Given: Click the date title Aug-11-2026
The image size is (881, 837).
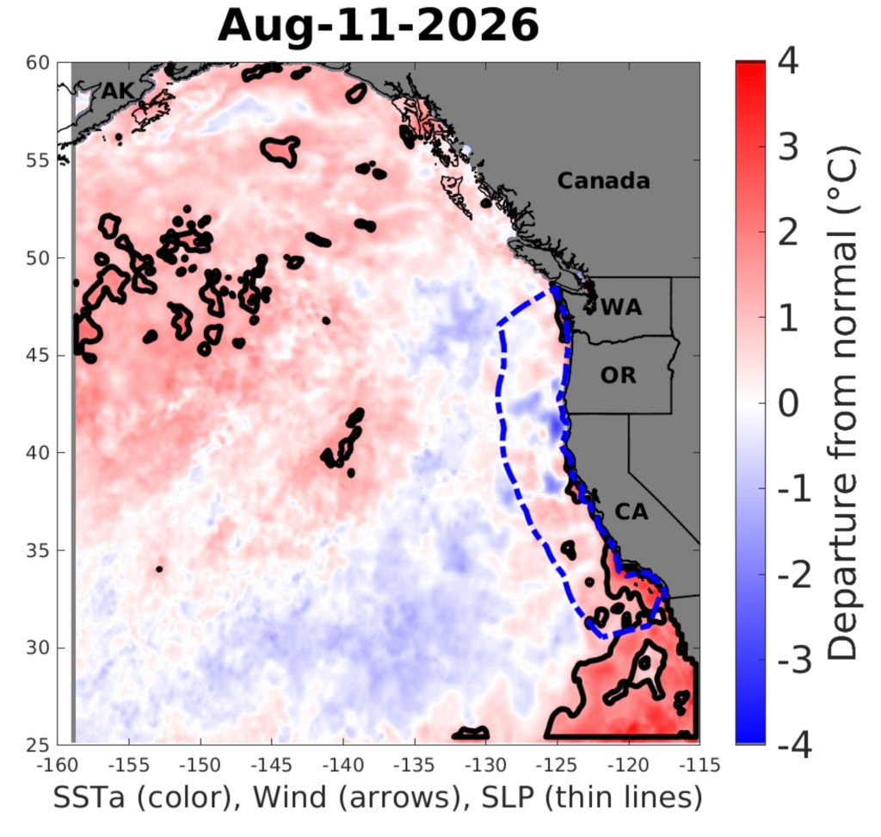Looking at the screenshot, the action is click(x=379, y=25).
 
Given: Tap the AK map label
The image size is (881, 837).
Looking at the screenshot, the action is click(x=118, y=90).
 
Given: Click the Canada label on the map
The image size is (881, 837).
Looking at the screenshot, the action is click(x=603, y=181).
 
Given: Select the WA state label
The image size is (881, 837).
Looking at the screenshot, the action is click(x=621, y=307).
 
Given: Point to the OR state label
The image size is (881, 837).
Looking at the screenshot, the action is click(x=618, y=375).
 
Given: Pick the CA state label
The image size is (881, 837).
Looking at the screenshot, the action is click(x=631, y=512).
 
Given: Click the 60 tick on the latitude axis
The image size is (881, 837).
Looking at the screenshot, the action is click(x=38, y=63).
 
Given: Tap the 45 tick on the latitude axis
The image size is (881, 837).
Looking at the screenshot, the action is click(x=38, y=356).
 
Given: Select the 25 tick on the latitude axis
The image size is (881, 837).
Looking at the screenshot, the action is click(x=38, y=745).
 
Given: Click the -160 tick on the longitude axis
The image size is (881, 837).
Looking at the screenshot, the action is click(x=58, y=766).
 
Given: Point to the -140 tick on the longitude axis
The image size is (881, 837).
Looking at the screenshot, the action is click(x=343, y=766).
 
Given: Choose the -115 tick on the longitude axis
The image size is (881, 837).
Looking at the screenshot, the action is click(x=699, y=766).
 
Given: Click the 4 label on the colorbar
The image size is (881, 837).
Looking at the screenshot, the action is click(x=788, y=61).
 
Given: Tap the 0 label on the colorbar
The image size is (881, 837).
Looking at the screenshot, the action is click(x=788, y=403).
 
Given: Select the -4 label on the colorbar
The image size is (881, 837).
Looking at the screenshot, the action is click(x=794, y=746).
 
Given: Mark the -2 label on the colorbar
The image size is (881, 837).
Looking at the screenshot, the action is click(x=794, y=575).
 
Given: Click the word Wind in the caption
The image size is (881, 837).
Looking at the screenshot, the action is click(x=289, y=797).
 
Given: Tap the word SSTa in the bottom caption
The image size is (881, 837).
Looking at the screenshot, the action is click(x=89, y=797).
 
